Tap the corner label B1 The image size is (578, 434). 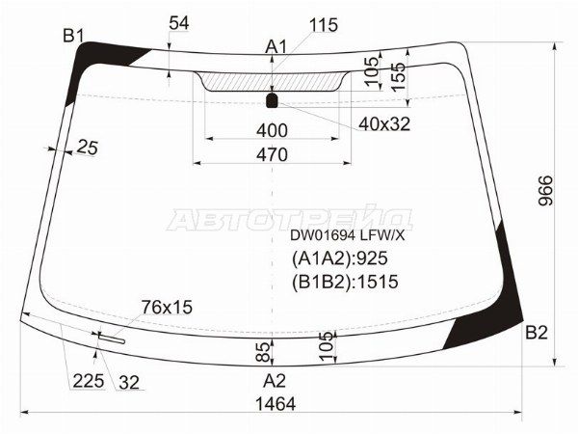click(x=74, y=37)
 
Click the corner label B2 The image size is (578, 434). click(x=536, y=333)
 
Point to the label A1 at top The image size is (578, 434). click(x=276, y=45)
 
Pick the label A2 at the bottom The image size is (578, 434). click(x=275, y=379)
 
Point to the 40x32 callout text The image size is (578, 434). click(x=383, y=123)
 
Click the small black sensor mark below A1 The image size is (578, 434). click(x=273, y=99)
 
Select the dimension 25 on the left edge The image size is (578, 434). click(x=88, y=148)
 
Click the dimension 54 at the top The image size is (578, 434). click(x=179, y=22)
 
